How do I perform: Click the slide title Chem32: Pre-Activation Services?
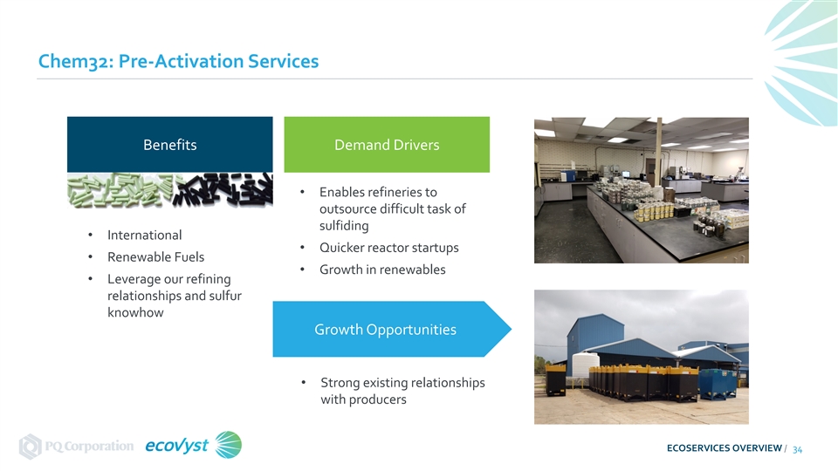point(178,61)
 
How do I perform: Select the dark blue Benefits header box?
point(170,145)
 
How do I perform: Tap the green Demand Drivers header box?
point(387,145)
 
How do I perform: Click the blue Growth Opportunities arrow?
point(392,329)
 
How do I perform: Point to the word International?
point(144,235)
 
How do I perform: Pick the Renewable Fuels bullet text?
point(155,256)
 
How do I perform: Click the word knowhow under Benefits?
point(135,312)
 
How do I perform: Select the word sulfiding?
point(344,226)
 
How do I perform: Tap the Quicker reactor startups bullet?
point(389,248)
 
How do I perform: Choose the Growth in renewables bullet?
point(382,270)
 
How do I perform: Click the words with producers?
point(363,399)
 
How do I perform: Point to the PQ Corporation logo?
point(77,446)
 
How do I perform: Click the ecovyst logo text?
point(176,446)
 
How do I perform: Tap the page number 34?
point(797,450)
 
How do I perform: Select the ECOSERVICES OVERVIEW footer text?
point(725,448)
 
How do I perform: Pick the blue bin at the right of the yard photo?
point(718,383)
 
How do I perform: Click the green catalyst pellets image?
point(120,190)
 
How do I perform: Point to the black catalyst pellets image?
point(223,190)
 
